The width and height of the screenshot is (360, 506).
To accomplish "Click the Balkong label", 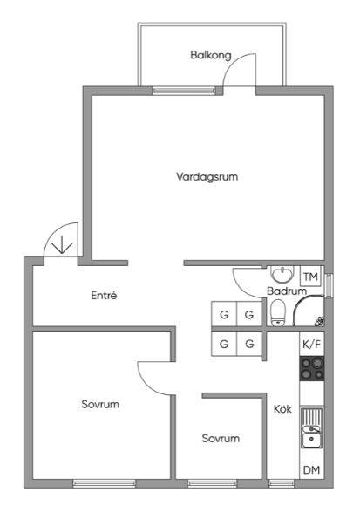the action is [x=211, y=55].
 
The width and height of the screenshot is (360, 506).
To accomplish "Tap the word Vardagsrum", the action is [x=207, y=177].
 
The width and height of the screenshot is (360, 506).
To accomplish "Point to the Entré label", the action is [x=104, y=295].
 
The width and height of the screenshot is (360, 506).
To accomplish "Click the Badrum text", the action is [x=287, y=291].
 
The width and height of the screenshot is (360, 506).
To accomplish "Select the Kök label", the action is [x=282, y=409].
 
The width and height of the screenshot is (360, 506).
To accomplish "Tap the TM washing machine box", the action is [x=310, y=277].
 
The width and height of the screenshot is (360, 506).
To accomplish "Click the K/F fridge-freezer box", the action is [x=312, y=344].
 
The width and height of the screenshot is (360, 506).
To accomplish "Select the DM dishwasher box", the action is [x=312, y=470].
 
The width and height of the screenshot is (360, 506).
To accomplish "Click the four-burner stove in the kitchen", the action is [x=312, y=368].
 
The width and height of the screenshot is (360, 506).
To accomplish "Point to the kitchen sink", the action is [x=312, y=427].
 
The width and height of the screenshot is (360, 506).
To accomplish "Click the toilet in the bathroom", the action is [x=278, y=312].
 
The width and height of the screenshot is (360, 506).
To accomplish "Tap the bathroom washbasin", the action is [x=283, y=274].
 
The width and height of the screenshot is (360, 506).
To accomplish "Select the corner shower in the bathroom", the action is [x=309, y=311].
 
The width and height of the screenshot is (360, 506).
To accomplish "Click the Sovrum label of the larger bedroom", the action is [x=100, y=404].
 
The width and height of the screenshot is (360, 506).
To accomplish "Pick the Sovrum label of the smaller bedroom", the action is [x=221, y=438].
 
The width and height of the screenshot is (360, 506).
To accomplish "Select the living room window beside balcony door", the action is [x=184, y=91].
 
